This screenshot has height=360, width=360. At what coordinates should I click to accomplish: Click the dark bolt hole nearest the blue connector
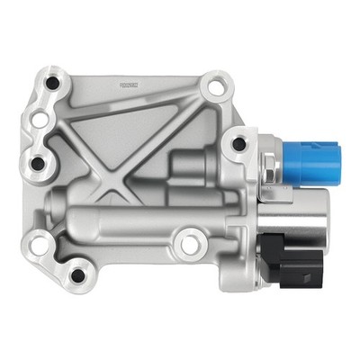tap(238, 143)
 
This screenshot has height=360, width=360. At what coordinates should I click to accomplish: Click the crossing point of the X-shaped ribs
tap(115, 180)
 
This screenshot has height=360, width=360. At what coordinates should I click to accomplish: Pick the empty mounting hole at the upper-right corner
tap(214, 88)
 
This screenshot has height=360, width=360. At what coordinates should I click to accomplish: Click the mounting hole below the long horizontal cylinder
tap(188, 241)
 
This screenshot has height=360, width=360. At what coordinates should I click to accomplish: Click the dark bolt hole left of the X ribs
tap(37, 163)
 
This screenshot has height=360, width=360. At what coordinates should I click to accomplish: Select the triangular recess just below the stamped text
tap(144, 112)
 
